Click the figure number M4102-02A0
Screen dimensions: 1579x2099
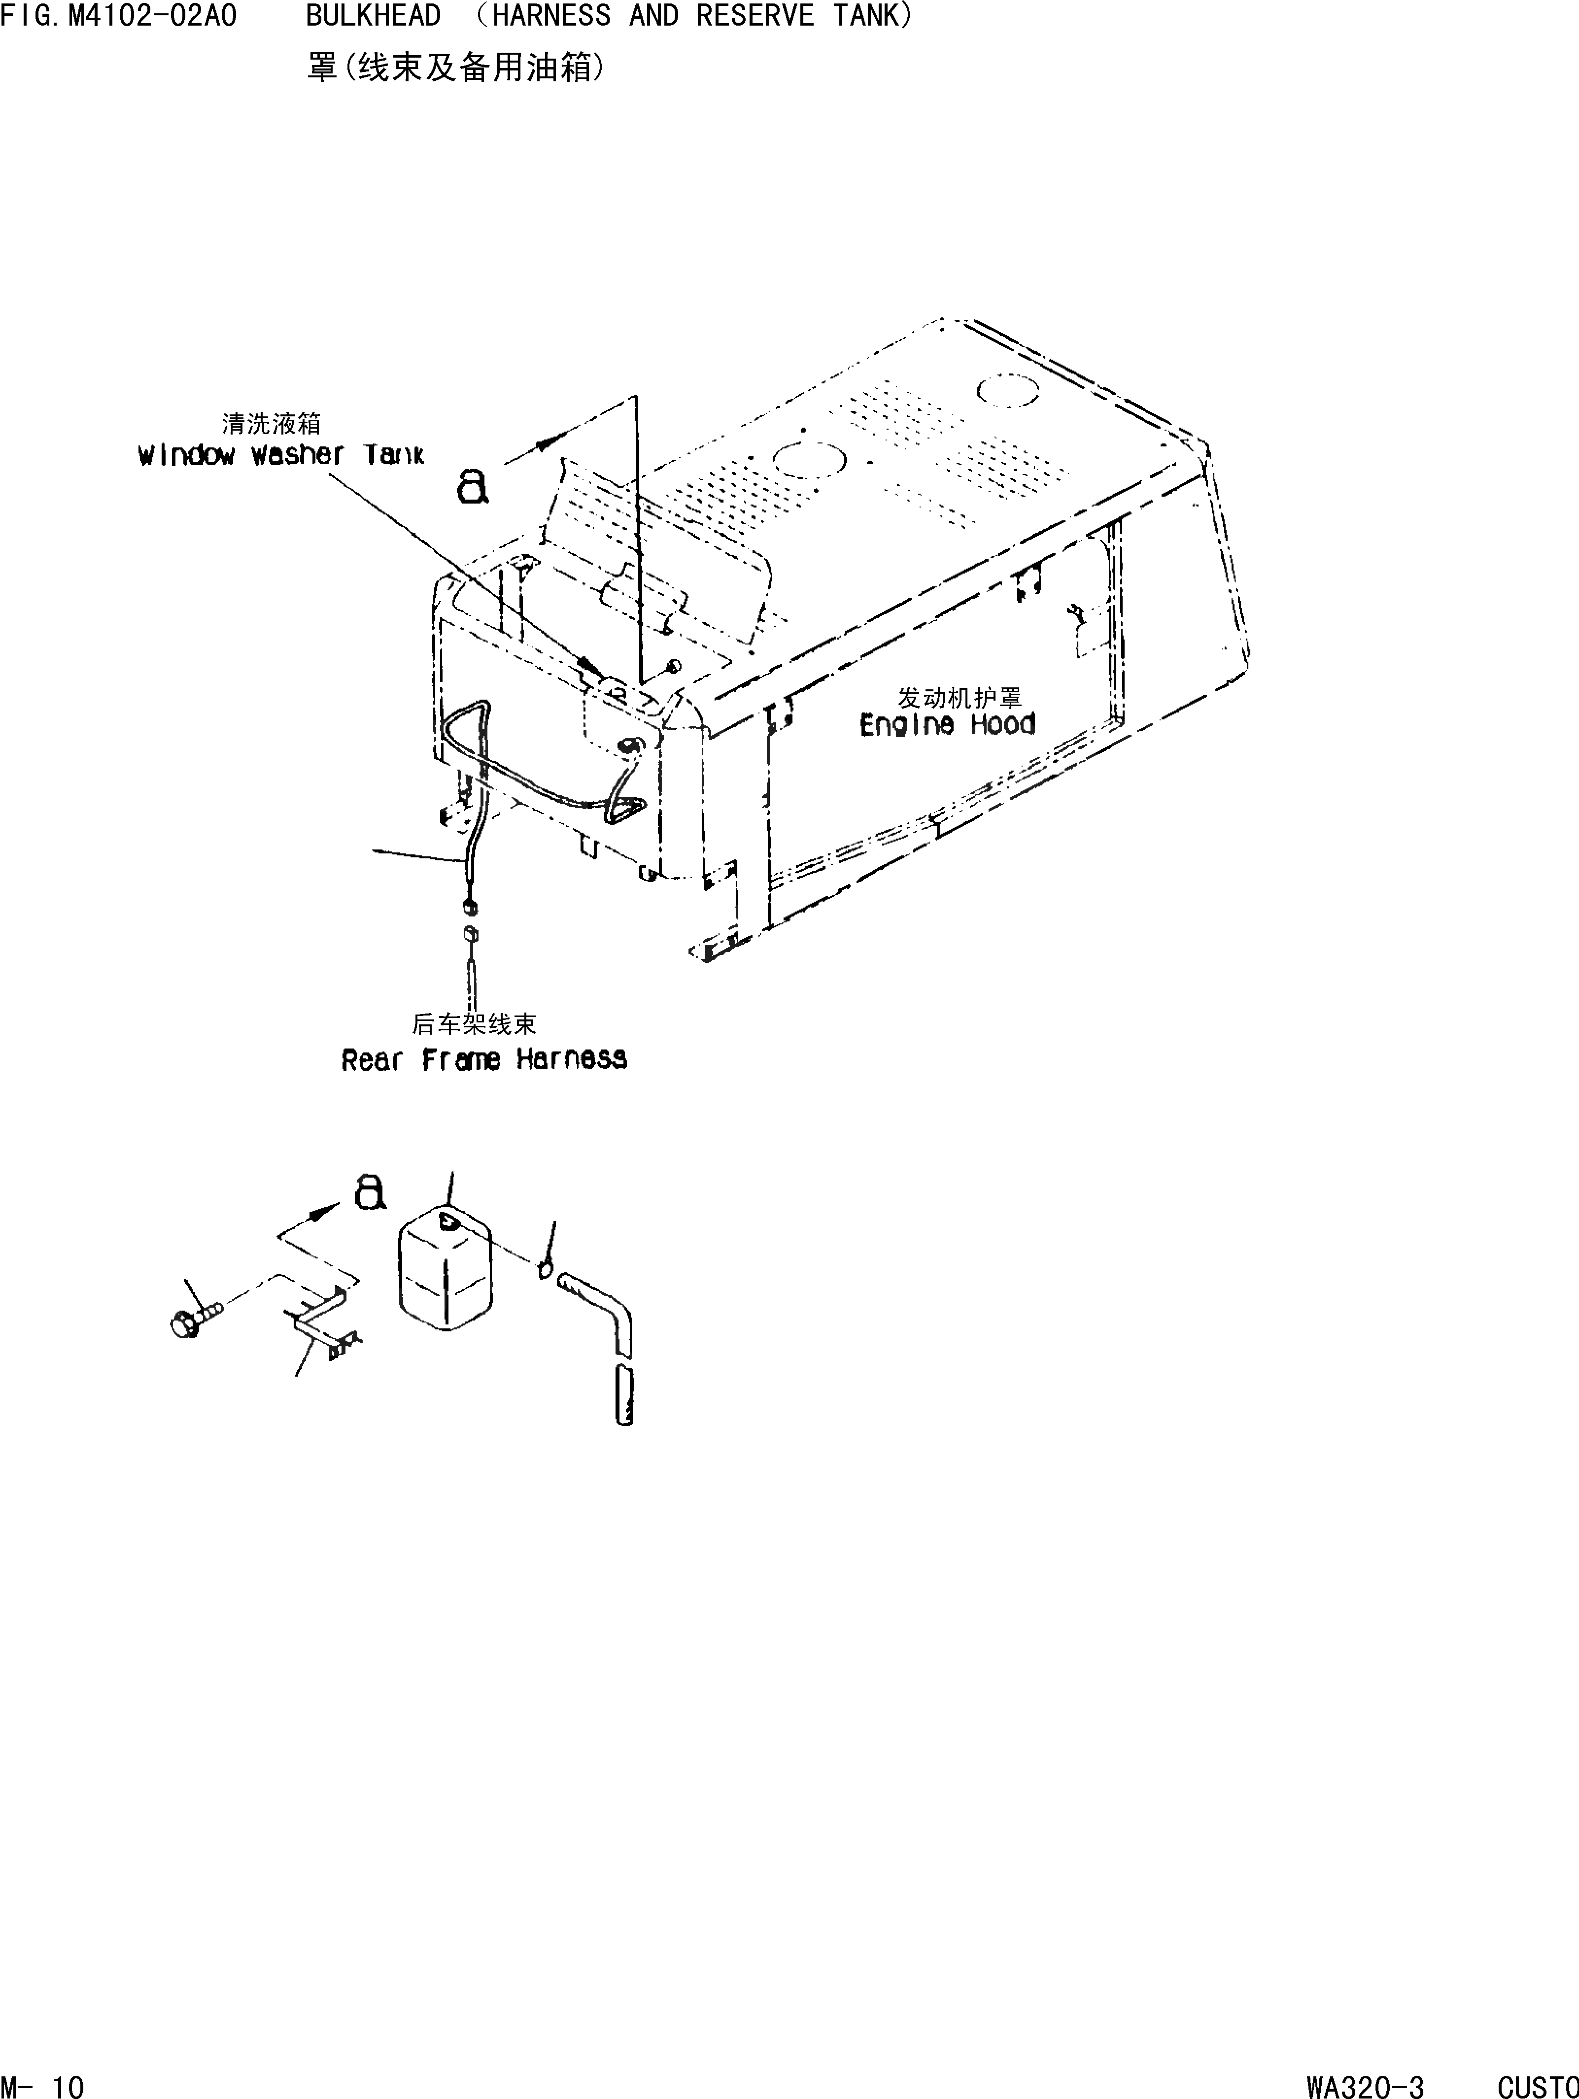152,16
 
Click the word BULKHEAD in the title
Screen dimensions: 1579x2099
373,16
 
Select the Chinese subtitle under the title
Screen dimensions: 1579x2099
455,68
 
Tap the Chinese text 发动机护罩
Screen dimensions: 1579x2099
960,698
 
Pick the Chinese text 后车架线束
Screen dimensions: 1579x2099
475,1024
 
